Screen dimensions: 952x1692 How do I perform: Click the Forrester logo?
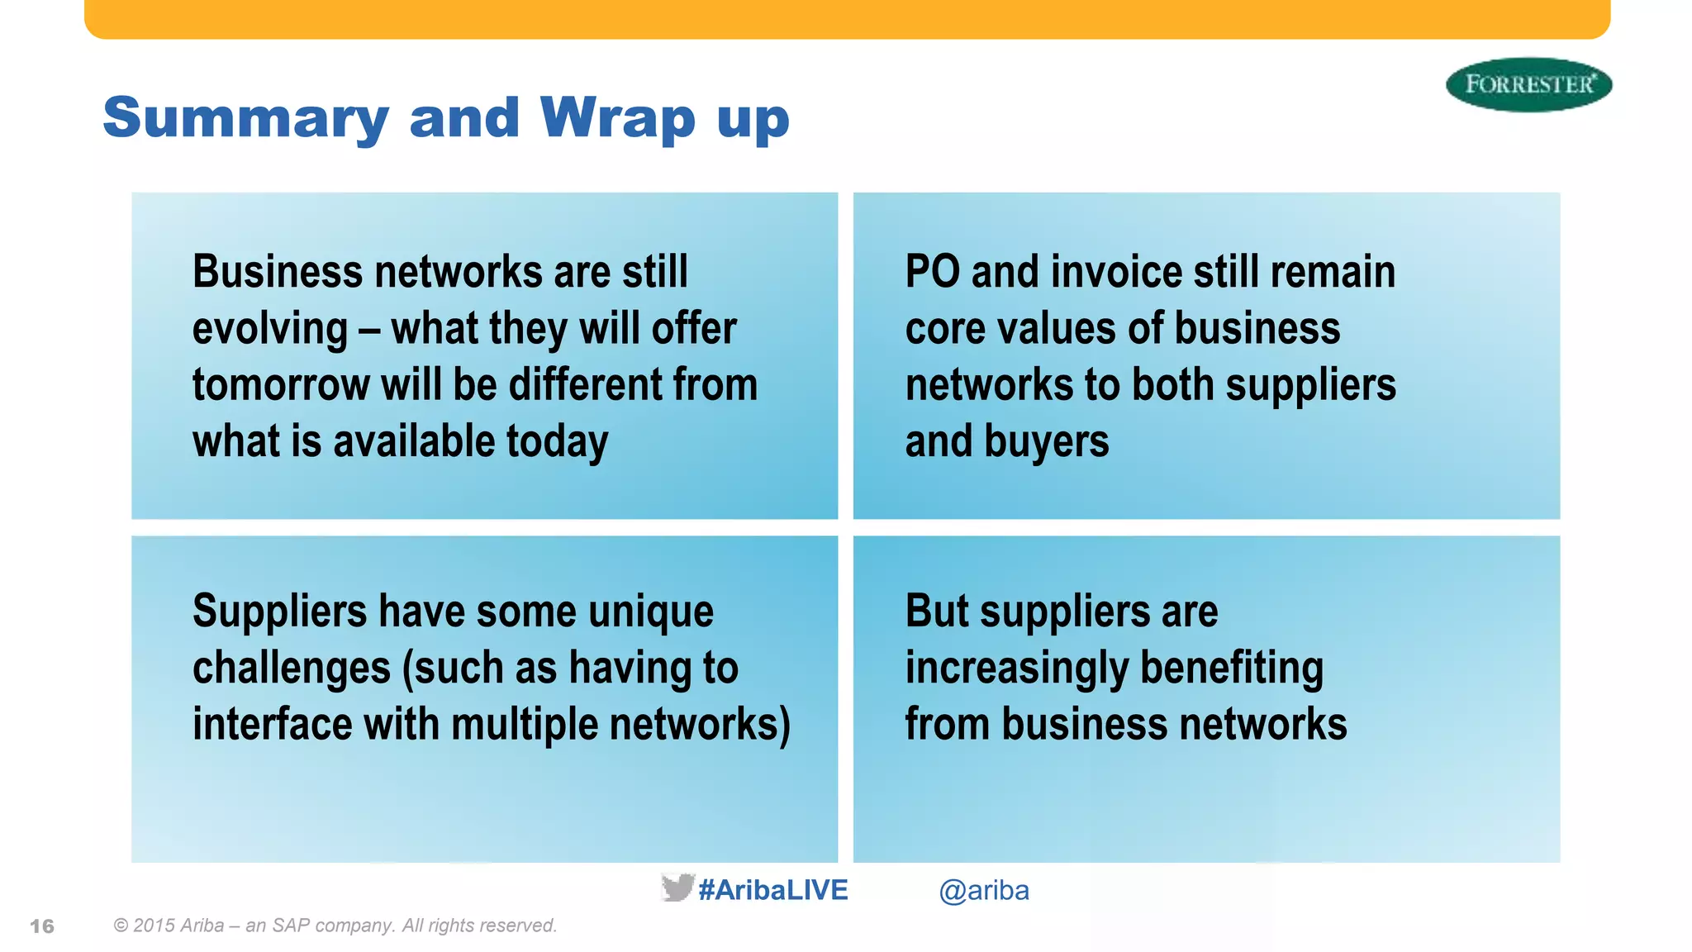(x=1528, y=84)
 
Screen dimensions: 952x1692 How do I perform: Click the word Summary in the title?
(x=245, y=118)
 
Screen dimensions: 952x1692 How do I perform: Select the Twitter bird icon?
(x=677, y=888)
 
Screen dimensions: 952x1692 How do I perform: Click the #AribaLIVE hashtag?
(x=773, y=890)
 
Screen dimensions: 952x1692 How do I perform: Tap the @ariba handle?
(x=983, y=891)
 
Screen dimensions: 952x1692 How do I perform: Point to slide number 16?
(x=42, y=926)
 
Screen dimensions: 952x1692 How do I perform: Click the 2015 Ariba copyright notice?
(x=335, y=926)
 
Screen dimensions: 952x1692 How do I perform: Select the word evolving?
(x=270, y=329)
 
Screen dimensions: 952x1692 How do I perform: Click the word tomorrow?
(x=280, y=385)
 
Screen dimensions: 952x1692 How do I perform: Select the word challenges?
(x=291, y=668)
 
